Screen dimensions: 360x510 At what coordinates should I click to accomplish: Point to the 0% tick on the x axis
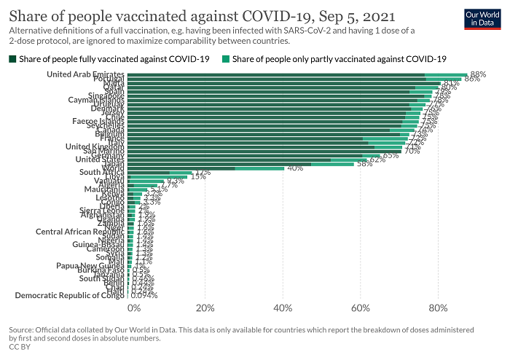pyautogui.click(x=134, y=308)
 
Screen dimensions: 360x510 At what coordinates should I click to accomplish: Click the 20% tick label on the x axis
pyautogui.click(x=205, y=308)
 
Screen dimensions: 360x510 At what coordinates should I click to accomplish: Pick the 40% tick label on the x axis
pyautogui.click(x=283, y=308)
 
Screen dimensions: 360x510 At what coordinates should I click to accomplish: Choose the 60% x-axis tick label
pyautogui.click(x=361, y=308)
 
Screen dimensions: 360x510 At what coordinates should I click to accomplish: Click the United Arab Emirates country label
pyautogui.click(x=85, y=74)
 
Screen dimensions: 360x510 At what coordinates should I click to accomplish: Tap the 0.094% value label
pyautogui.click(x=144, y=295)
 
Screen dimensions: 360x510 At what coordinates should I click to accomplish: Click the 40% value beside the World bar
pyautogui.click(x=295, y=168)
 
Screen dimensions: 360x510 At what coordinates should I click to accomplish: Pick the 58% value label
pyautogui.click(x=364, y=164)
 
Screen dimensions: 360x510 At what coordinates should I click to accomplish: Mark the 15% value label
pyautogui.click(x=198, y=176)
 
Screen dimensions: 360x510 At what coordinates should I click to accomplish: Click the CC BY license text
pyautogui.click(x=19, y=348)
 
